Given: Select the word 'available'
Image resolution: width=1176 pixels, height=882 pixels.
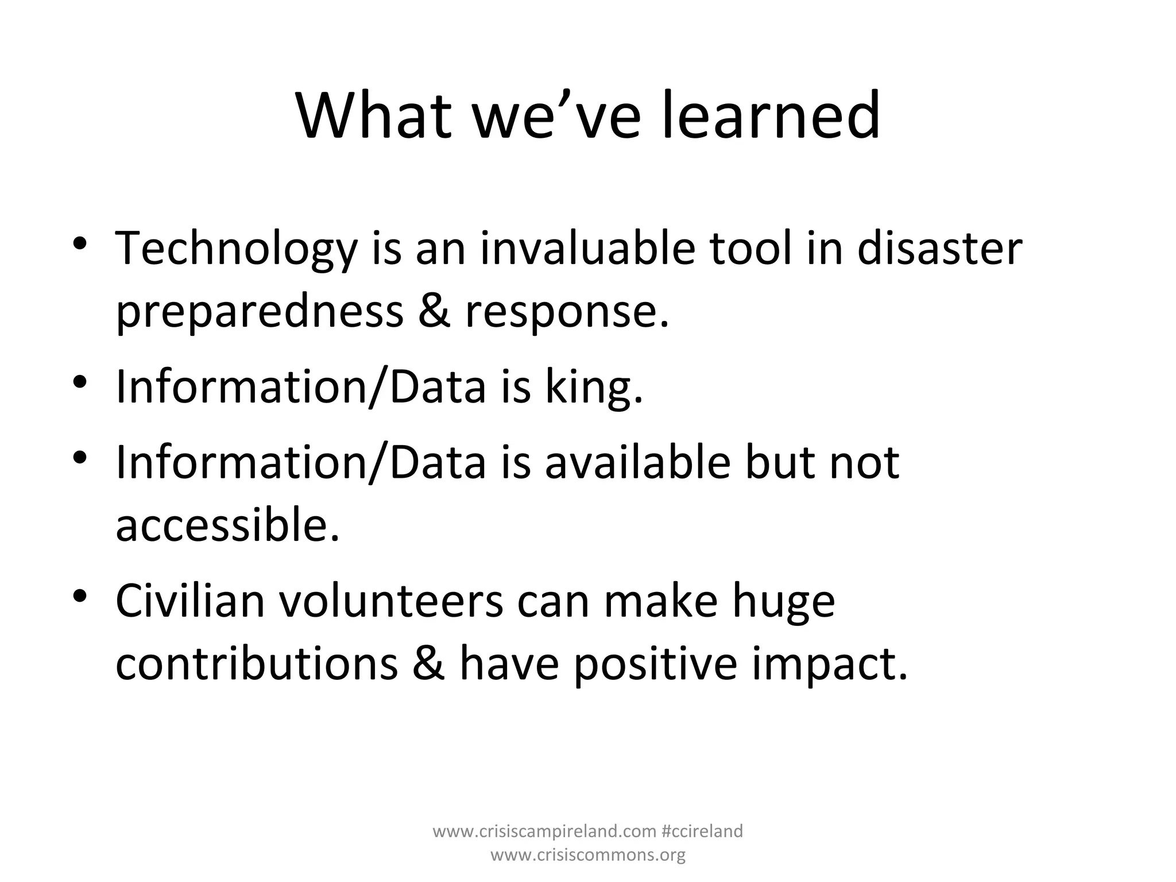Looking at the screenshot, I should [x=637, y=462].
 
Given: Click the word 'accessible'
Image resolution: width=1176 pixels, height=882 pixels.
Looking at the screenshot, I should [x=227, y=524].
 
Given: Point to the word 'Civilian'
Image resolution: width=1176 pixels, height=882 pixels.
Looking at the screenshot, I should [x=190, y=601].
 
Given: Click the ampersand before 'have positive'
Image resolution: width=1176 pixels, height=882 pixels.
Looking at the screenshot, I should [x=428, y=664].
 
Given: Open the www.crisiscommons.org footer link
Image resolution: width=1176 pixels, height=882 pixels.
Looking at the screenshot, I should [x=588, y=855].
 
